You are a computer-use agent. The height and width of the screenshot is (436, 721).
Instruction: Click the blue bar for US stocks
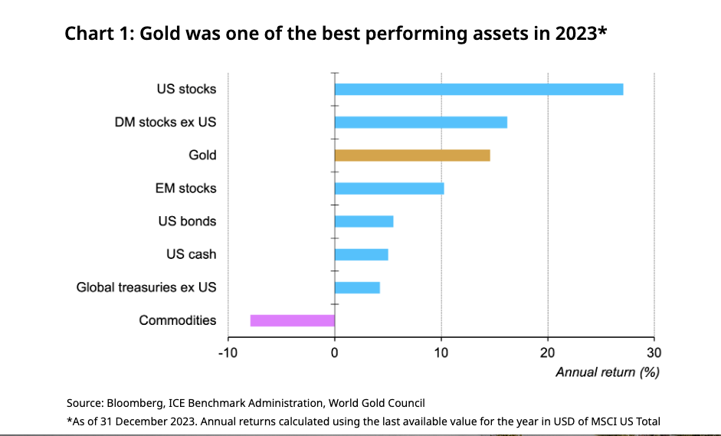point(479,89)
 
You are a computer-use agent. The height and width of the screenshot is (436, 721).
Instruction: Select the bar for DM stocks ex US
point(421,122)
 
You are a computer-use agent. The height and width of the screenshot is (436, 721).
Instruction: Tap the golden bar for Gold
point(412,156)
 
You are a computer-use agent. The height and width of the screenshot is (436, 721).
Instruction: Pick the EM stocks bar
point(389,188)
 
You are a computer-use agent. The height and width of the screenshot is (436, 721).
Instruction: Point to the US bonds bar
point(364,221)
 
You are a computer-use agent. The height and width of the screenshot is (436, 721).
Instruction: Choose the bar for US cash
point(362,254)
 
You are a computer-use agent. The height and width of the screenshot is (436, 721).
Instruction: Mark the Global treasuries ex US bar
point(357,287)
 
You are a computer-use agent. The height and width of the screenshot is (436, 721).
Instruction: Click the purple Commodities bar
point(293,320)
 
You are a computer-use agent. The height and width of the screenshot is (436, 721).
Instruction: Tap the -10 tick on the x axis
point(228,352)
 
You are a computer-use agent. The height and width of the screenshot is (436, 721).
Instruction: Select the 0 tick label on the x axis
point(335,352)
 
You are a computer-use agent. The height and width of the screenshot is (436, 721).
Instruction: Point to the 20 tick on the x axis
point(547,352)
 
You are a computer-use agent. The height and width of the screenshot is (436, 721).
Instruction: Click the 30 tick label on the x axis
point(654,352)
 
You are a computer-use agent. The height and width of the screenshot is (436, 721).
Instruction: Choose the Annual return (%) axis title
point(608,372)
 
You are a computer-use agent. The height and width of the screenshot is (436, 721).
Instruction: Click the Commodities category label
point(178,320)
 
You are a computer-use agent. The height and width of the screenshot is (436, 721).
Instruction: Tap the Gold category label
point(203,156)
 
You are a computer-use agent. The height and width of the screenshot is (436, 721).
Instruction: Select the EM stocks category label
point(186,188)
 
